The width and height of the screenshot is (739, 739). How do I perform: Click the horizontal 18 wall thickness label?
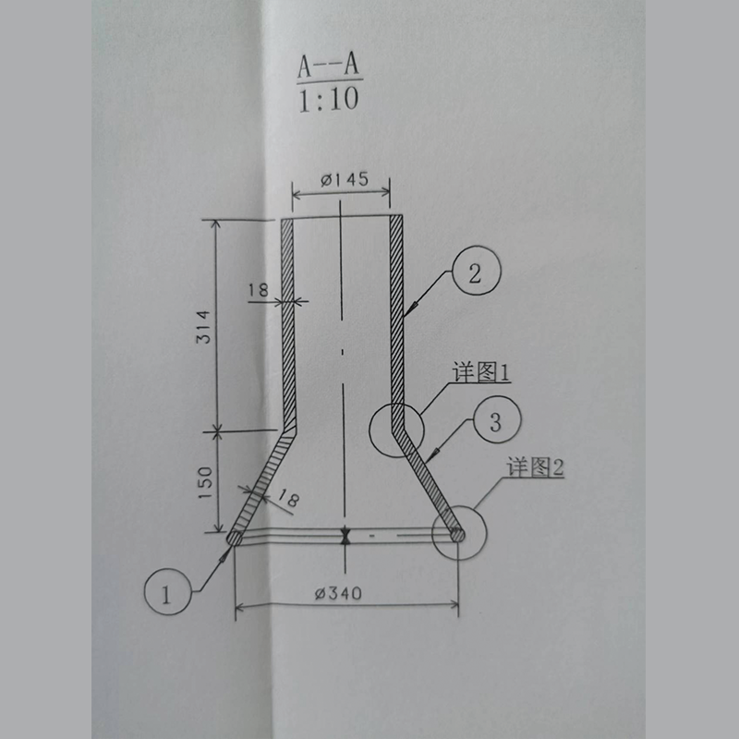pos(258,290)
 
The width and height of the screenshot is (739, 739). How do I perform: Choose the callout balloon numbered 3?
pos(495,423)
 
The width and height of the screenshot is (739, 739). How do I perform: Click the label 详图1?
pos(481,372)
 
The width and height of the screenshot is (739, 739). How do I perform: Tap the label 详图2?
pos(534,466)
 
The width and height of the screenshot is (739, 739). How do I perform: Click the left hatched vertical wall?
pos(286,314)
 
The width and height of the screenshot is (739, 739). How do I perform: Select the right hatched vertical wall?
pos(397,314)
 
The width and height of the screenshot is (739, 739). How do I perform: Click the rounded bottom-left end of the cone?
pos(235,536)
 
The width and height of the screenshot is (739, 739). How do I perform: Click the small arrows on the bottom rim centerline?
pos(344,536)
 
